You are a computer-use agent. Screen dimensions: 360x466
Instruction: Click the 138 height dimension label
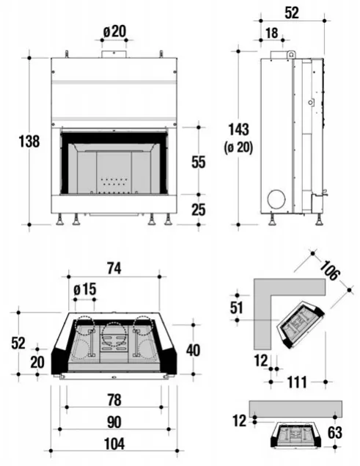click(x=29, y=141)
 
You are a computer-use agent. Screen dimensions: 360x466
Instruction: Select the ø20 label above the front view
click(x=114, y=32)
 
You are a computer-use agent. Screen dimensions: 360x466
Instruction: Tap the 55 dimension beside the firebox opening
click(x=199, y=162)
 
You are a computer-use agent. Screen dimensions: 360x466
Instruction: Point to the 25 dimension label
click(x=199, y=210)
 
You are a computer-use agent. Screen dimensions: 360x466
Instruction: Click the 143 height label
click(x=238, y=129)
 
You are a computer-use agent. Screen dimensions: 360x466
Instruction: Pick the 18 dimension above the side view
click(x=272, y=33)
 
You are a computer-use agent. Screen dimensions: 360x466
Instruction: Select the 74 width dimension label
click(x=114, y=269)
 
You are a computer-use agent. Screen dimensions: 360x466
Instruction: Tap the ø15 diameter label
click(x=85, y=289)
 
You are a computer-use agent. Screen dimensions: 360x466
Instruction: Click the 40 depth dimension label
click(x=194, y=350)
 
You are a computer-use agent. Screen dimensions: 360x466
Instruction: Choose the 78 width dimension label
click(x=114, y=400)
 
